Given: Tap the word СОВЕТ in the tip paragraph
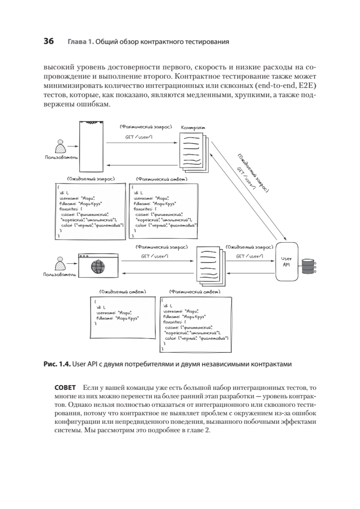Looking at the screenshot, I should [65, 388].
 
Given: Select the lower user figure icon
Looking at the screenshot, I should [60, 264].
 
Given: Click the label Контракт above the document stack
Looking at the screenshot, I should [194, 128].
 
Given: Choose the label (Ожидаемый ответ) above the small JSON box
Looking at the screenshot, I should [123, 292].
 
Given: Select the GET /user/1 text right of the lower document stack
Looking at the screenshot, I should [250, 256].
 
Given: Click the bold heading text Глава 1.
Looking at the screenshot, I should [80, 42].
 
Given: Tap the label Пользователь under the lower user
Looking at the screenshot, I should [60, 275].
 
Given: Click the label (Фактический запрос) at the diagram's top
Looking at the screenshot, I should [145, 126].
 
